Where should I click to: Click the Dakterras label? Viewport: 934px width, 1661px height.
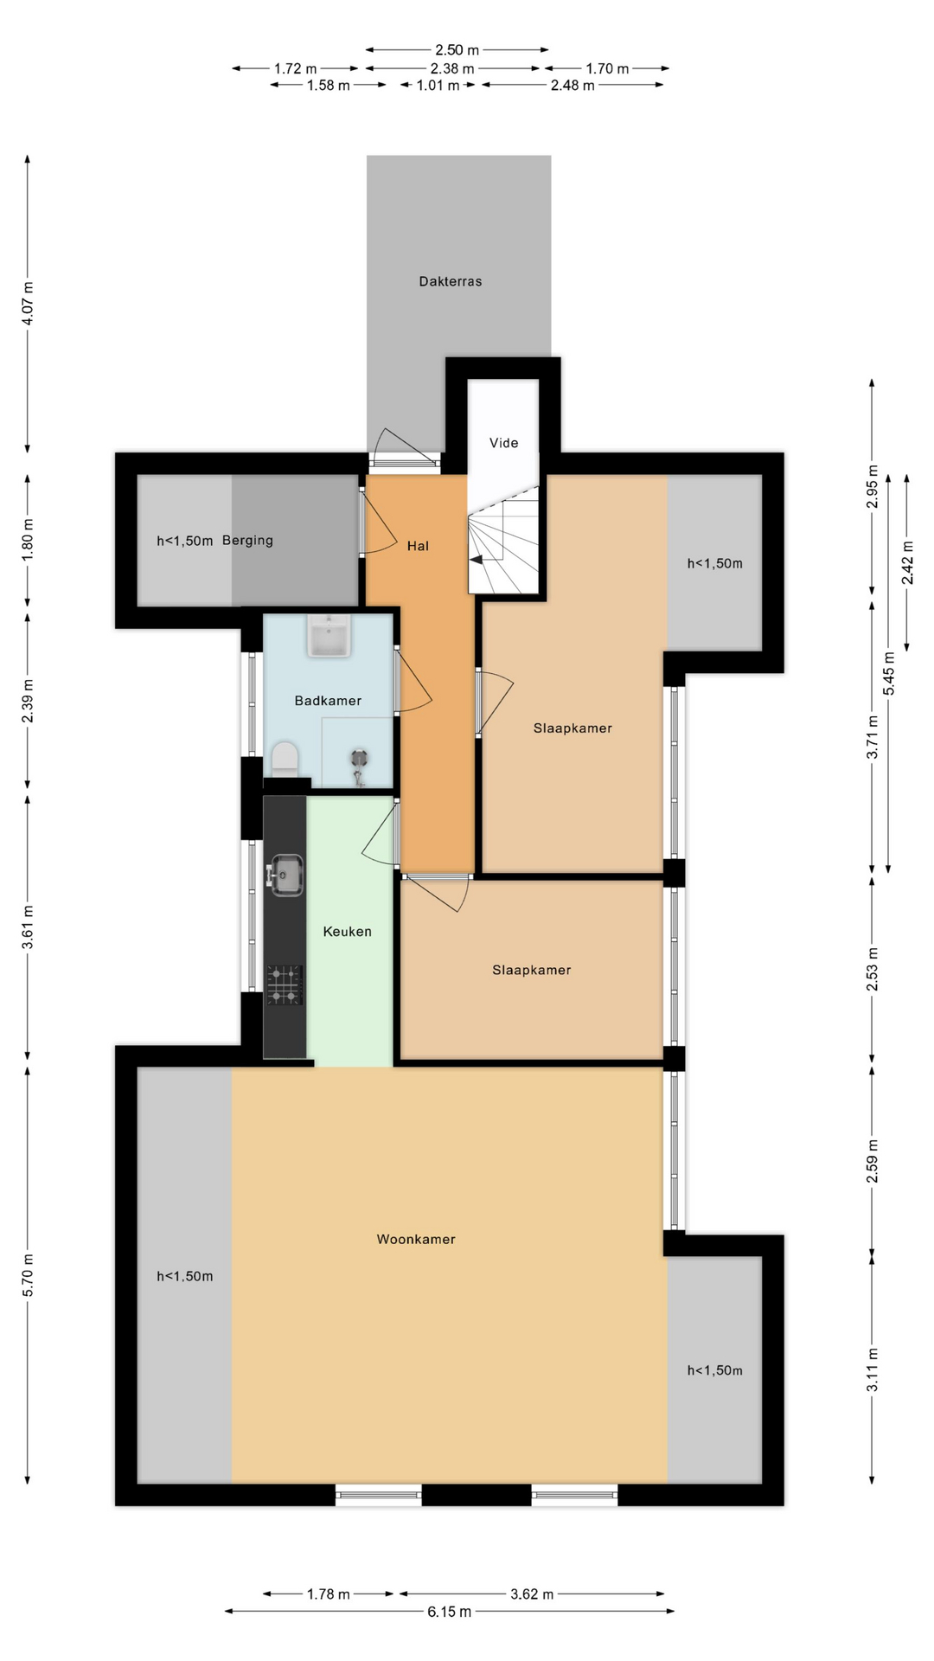(450, 281)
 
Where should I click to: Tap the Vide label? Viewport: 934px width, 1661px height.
(503, 443)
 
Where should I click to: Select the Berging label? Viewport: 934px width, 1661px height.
(247, 541)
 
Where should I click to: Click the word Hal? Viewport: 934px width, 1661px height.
(418, 546)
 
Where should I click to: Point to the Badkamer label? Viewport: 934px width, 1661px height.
(328, 701)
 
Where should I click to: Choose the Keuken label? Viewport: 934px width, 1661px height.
(347, 932)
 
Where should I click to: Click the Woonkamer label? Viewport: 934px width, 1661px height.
(416, 1240)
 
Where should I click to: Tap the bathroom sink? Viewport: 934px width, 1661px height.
(328, 636)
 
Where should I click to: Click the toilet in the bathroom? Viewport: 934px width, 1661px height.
(285, 759)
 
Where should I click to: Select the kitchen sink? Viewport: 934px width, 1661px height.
(285, 874)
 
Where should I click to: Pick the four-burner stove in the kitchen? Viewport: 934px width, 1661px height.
(285, 984)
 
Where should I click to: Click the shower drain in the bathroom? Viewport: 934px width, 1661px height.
(360, 758)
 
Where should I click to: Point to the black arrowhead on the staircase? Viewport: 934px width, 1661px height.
(476, 560)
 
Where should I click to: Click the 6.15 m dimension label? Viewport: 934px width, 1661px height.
(449, 1612)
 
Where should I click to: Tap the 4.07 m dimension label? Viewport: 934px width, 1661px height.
(28, 304)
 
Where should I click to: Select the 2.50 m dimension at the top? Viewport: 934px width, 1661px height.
(457, 50)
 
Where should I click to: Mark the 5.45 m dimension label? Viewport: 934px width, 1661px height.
(889, 672)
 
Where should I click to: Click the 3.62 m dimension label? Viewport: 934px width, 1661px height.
(532, 1594)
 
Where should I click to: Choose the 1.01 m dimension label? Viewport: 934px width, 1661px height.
(438, 86)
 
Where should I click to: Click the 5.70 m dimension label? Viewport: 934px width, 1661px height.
(28, 1275)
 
